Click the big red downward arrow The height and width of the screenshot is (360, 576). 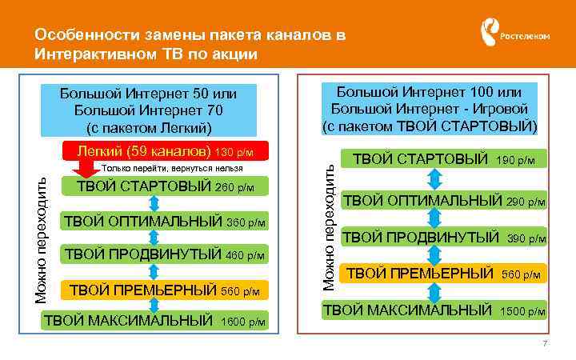tap(83, 171)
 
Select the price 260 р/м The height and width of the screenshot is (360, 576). tap(236, 188)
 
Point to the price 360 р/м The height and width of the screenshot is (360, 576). tap(247, 222)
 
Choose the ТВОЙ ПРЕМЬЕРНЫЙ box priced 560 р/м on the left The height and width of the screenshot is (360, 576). tap(162, 289)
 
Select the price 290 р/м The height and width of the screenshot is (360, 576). tap(526, 201)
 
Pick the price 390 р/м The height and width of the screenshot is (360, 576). tap(526, 238)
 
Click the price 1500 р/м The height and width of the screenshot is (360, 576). tap(522, 310)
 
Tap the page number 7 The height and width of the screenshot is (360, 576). tap(544, 344)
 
